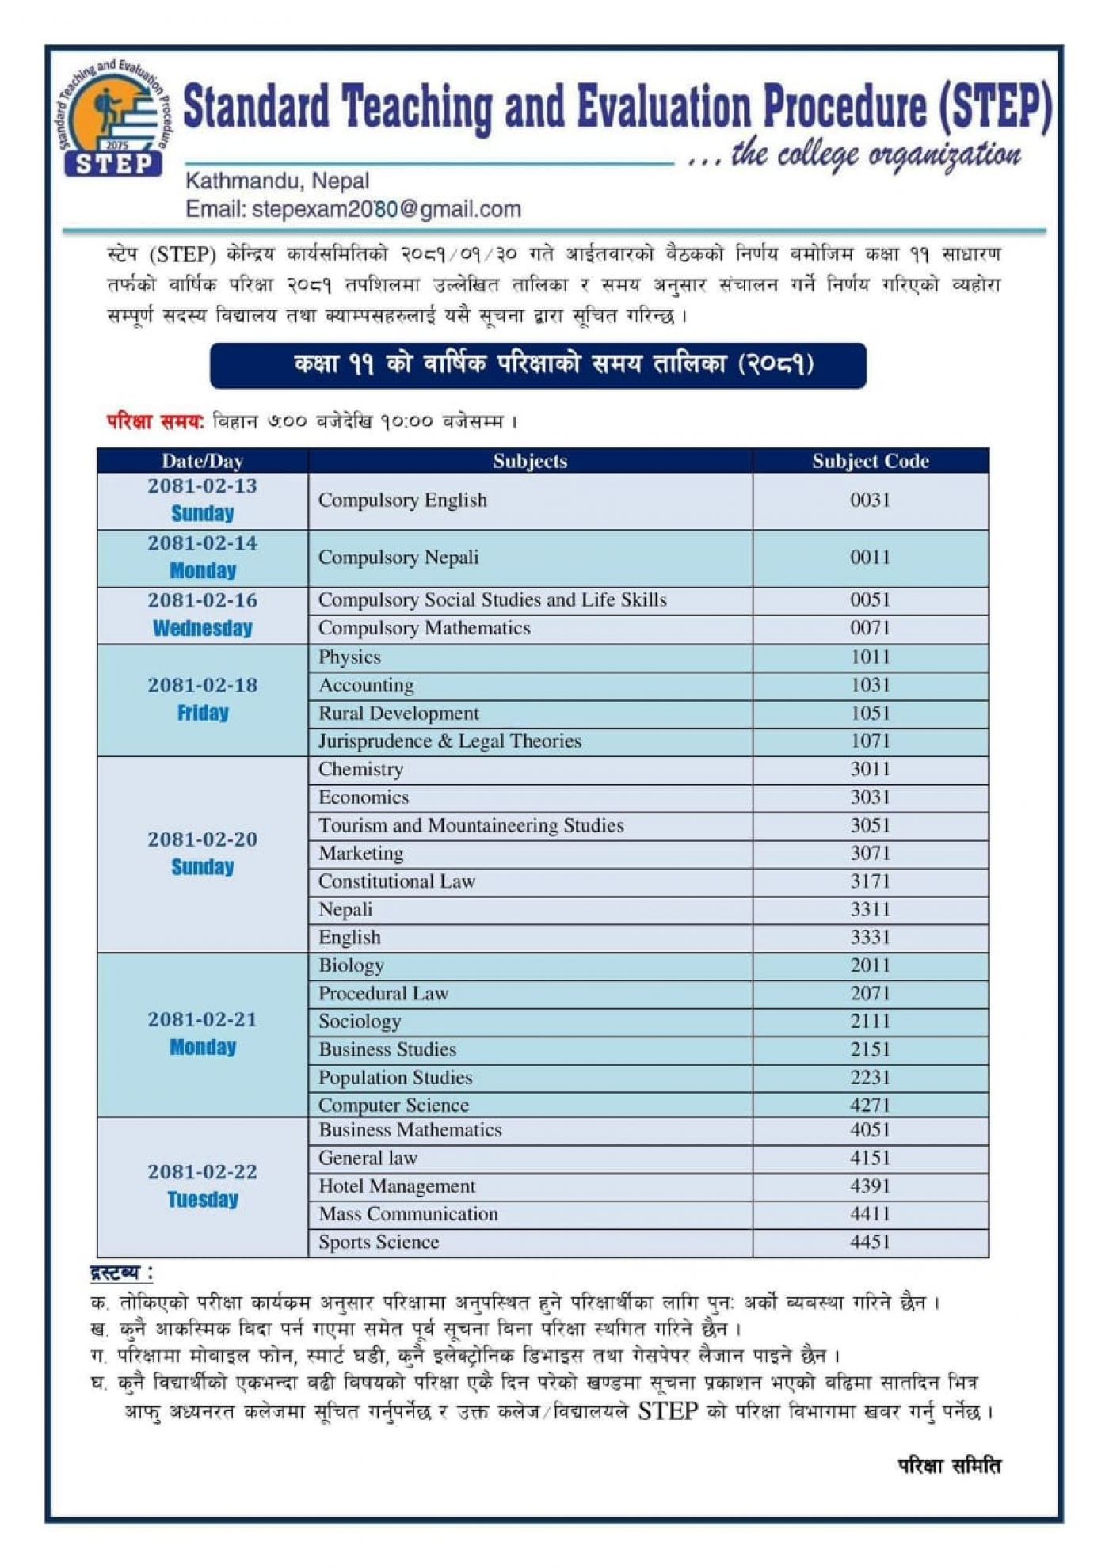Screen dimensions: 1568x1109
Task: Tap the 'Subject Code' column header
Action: pos(870,461)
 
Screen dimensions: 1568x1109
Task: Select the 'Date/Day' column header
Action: pos(202,461)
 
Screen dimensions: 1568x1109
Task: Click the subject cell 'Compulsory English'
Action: pos(402,500)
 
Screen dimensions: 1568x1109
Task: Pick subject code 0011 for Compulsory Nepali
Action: pos(870,558)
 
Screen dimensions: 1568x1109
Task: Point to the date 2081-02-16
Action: pos(202,600)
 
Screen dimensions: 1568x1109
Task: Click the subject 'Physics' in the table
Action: pos(349,657)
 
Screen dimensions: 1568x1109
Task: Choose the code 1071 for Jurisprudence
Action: pos(870,741)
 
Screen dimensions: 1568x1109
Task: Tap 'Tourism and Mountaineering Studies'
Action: pos(471,826)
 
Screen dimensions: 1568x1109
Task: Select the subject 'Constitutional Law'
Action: pos(396,881)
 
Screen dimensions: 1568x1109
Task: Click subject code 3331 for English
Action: pos(870,938)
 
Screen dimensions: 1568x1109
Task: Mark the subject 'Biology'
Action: pos(351,965)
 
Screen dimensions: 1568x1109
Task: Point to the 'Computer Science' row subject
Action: pos(393,1106)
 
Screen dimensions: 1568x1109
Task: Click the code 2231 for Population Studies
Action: pos(870,1078)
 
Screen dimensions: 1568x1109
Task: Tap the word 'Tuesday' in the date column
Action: pos(203,1200)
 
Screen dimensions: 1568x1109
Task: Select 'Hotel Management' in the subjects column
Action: pos(397,1186)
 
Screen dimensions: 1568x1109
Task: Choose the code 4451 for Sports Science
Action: pos(870,1242)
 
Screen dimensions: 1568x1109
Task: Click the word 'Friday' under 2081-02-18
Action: pos(203,714)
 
